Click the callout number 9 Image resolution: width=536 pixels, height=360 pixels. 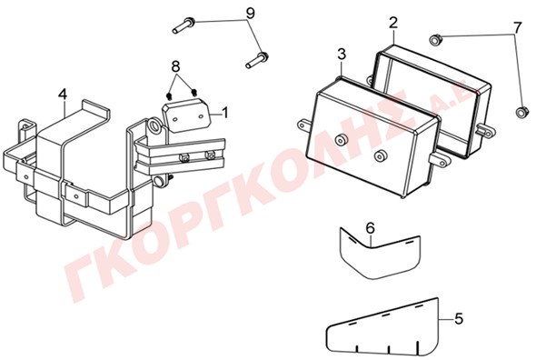tap(250, 14)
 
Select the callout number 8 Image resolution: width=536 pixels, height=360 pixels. tap(175, 65)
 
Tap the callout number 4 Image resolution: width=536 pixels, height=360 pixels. tap(62, 95)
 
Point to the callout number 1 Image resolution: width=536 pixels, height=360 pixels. tap(225, 113)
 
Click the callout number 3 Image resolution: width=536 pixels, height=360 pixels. tap(342, 54)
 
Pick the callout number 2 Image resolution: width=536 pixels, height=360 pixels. tap(393, 23)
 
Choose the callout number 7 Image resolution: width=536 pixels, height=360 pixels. tap(518, 27)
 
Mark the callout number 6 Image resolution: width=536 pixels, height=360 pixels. tap(371, 228)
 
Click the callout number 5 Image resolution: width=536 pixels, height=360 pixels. tap(459, 319)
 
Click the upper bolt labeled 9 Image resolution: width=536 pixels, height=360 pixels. tap(184, 25)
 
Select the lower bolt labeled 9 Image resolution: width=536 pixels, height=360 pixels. tap(257, 60)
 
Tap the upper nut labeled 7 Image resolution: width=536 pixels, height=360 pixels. tap(434, 40)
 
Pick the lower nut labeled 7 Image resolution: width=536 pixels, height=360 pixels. tap(521, 112)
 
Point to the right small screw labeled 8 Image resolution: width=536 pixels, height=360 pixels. tap(194, 93)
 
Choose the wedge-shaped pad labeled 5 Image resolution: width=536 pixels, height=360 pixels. tap(382, 326)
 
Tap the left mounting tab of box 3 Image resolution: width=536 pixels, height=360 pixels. tap(304, 125)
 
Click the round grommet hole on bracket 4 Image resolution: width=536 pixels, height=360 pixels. tap(154, 125)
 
